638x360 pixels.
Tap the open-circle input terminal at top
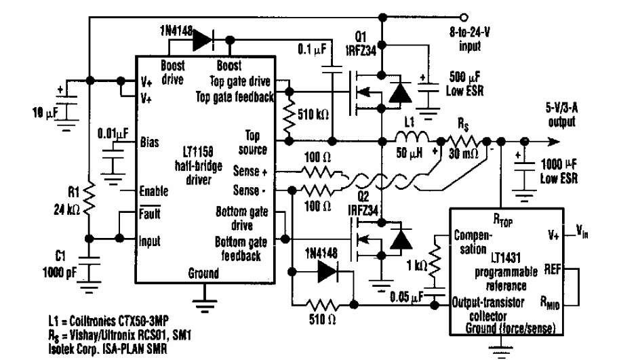pos(463,16)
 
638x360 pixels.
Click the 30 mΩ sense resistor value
pos(464,155)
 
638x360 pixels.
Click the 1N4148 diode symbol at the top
pos(203,41)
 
